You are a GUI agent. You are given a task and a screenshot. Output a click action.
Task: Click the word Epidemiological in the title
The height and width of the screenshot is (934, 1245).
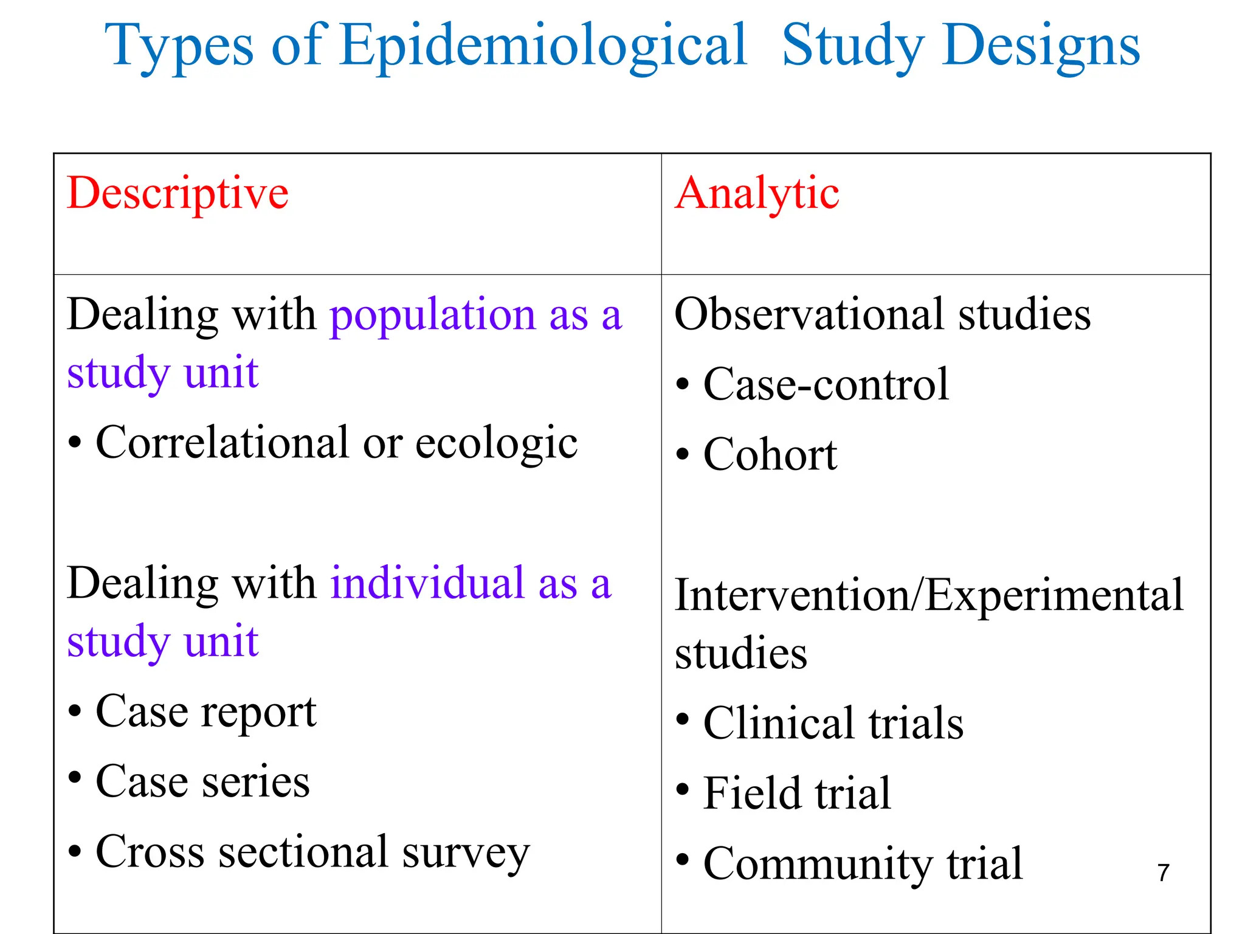click(543, 45)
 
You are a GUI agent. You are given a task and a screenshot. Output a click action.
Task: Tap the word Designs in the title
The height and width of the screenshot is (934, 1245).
click(1041, 46)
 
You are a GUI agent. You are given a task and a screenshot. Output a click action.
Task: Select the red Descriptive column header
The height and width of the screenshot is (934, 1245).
click(178, 193)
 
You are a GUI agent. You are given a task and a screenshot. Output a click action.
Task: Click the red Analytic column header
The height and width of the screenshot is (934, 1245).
click(757, 193)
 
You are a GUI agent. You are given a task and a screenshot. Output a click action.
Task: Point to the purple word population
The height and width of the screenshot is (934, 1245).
click(432, 316)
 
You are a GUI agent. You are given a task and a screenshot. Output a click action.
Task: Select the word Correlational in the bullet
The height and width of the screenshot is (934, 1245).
click(222, 442)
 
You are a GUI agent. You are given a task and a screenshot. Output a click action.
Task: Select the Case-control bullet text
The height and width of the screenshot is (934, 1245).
click(826, 384)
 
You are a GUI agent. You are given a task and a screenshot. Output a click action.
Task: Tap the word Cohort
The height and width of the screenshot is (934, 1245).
click(770, 454)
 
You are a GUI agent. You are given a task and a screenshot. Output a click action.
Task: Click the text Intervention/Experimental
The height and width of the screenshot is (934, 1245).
click(929, 595)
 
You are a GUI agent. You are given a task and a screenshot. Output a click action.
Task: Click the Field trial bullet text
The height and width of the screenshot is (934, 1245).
click(796, 794)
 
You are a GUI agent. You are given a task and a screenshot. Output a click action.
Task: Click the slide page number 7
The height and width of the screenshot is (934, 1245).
click(1163, 873)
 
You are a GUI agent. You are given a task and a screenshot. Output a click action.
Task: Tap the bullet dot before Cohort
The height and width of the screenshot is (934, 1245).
click(683, 454)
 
